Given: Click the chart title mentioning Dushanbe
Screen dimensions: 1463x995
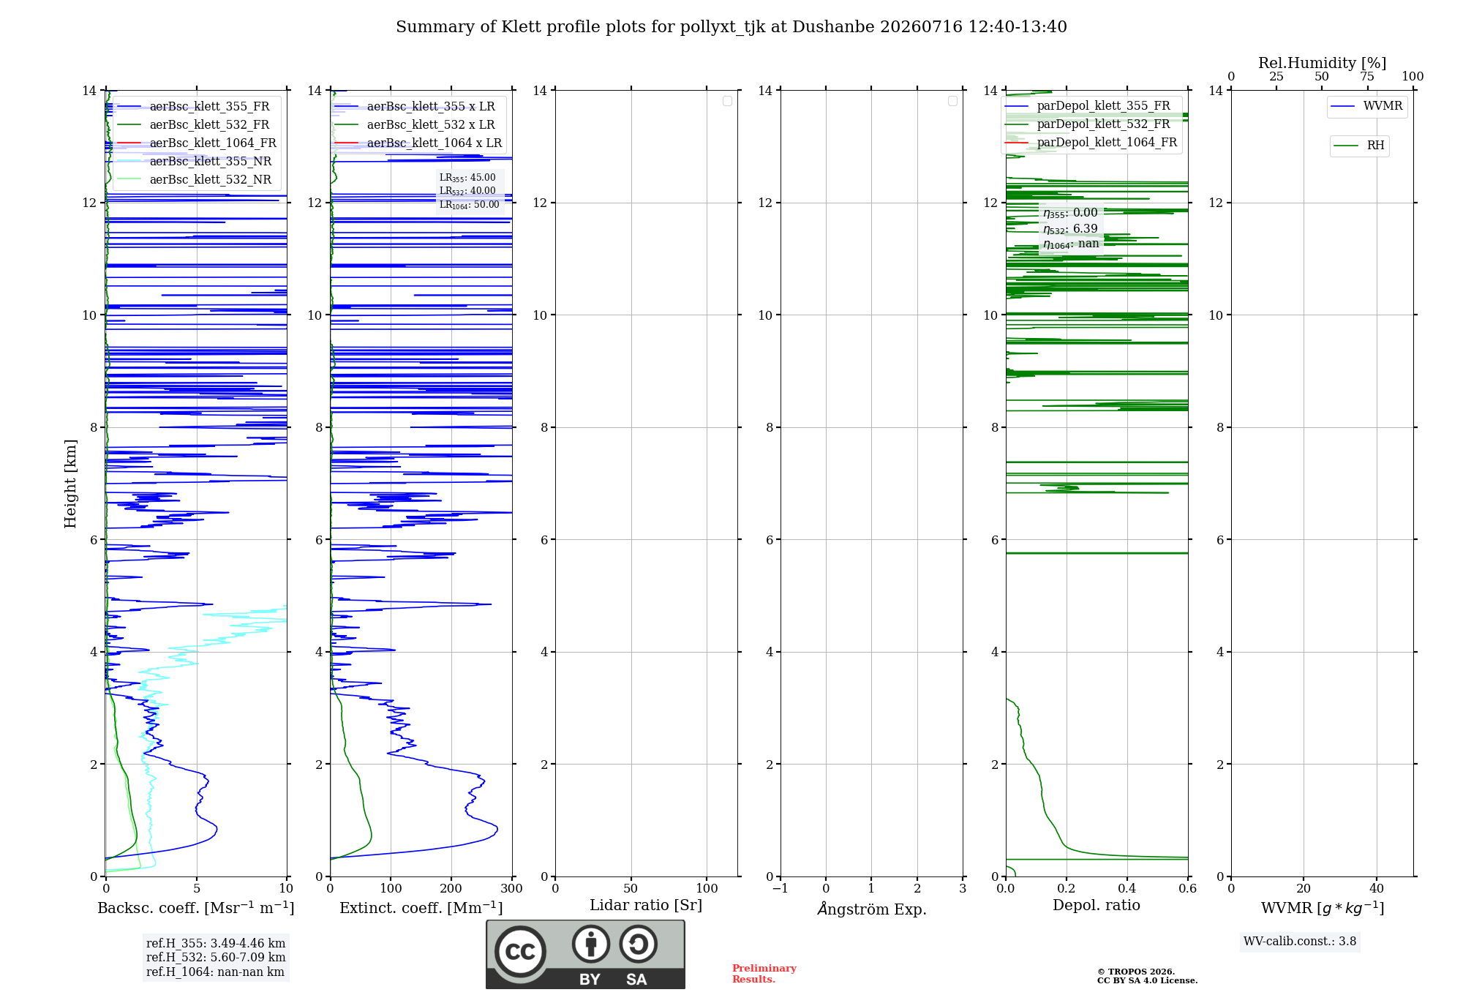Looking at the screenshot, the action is click(x=731, y=27).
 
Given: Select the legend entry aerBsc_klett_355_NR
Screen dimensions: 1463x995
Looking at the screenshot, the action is click(x=195, y=161).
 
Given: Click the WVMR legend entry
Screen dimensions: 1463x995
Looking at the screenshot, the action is click(x=1366, y=106).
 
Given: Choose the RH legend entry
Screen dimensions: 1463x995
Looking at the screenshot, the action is click(x=1359, y=146).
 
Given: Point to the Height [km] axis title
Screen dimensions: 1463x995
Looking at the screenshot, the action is click(x=70, y=484).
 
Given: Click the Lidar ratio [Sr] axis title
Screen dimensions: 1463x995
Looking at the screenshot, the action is click(x=646, y=905).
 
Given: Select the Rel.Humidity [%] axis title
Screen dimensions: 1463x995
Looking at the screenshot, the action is click(x=1322, y=63).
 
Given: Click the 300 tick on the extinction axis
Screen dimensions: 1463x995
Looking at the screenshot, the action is click(x=512, y=888).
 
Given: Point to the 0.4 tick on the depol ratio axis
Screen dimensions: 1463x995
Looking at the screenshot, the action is click(x=1127, y=888).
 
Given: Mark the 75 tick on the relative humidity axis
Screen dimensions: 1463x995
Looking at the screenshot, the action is click(x=1367, y=76).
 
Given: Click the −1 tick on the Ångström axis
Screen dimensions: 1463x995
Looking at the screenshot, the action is click(x=781, y=888).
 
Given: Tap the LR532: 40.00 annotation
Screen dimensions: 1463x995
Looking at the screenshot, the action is click(x=467, y=191).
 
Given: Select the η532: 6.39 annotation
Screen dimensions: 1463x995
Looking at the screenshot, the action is click(x=1070, y=228).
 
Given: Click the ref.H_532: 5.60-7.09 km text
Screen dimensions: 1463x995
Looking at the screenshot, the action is click(x=216, y=957).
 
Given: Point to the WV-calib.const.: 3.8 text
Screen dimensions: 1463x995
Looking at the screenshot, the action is click(x=1300, y=941).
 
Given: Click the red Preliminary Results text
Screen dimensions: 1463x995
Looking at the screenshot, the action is click(x=764, y=974).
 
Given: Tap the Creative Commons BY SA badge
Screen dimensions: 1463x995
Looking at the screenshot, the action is click(x=585, y=954).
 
